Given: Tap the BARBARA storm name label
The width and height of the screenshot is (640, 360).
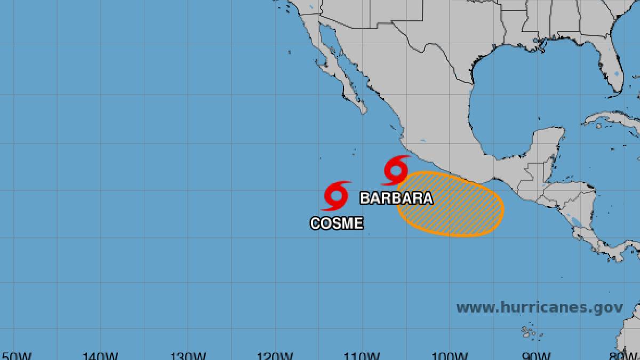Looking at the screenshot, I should coord(396,198).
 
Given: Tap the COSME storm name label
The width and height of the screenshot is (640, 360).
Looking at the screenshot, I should coord(337,223).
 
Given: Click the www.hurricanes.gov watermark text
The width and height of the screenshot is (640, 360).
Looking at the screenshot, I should coord(539,308).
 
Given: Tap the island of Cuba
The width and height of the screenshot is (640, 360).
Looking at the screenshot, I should coord(613,119).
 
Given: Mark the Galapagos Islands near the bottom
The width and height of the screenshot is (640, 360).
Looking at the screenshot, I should coord(529,332).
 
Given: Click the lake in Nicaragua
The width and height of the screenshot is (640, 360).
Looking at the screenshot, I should coord(574,219).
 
